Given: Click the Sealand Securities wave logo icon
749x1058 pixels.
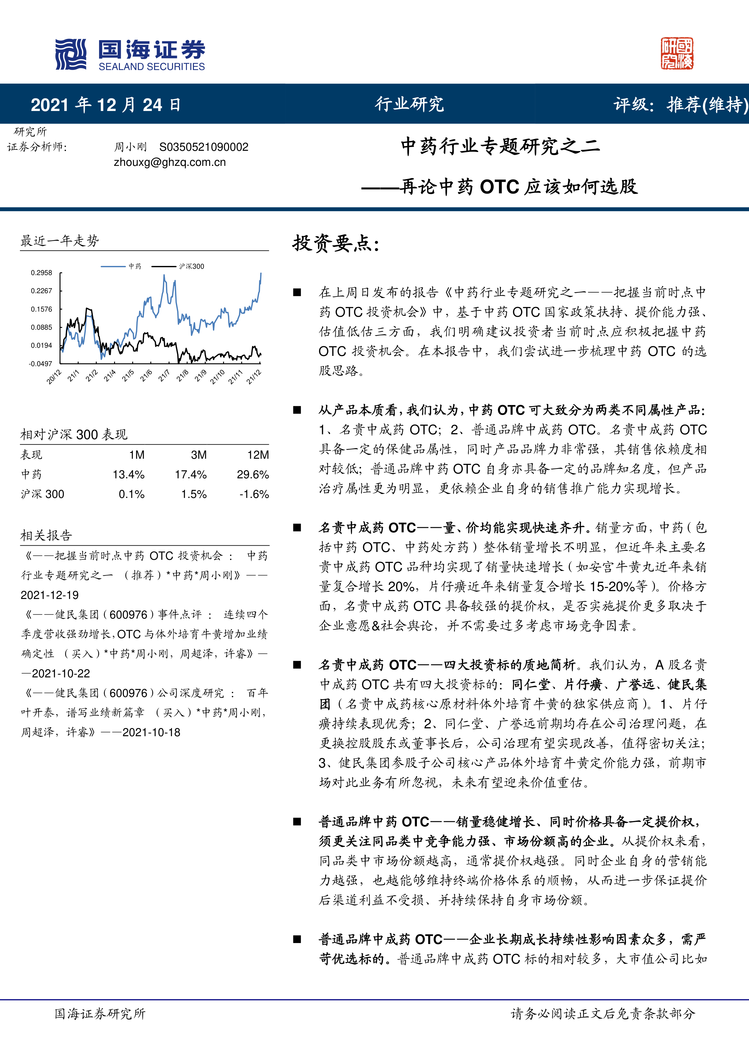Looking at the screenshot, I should click(x=71, y=54).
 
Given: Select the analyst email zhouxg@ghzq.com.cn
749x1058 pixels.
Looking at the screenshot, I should click(x=170, y=162).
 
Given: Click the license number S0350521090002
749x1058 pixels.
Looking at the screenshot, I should click(x=203, y=147).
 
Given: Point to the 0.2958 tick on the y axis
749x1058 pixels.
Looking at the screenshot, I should click(x=41, y=273).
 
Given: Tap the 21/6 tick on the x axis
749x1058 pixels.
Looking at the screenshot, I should click(x=146, y=375).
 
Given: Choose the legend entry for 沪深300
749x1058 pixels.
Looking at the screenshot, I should click(x=191, y=266).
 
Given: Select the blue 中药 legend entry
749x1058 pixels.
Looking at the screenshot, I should click(x=135, y=266).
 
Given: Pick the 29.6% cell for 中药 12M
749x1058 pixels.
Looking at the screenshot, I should click(x=253, y=475).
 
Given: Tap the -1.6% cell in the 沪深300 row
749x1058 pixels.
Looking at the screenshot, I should click(x=254, y=494).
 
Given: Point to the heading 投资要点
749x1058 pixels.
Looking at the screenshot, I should click(x=336, y=243).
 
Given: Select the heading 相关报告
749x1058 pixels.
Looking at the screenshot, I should click(x=46, y=535).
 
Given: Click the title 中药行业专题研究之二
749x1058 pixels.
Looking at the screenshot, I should click(x=501, y=147).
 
